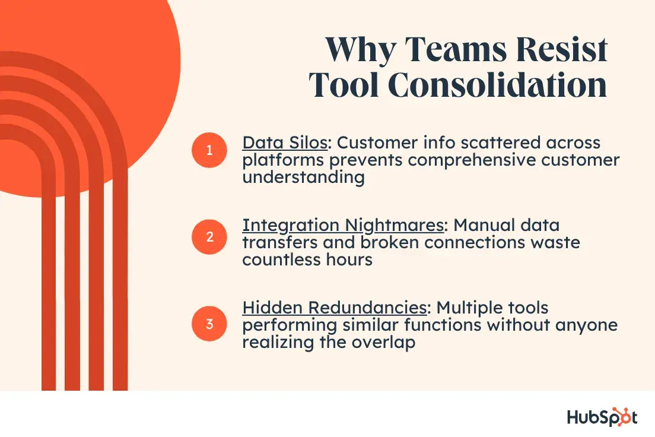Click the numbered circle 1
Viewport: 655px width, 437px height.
209,150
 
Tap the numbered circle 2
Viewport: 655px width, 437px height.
209,237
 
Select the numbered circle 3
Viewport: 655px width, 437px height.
209,324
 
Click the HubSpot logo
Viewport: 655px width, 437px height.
602,417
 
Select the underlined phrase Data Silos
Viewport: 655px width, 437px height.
285,142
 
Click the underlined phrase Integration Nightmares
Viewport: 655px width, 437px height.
343,226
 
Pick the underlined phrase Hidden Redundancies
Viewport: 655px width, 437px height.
335,308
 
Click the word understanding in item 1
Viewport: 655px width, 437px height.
304,178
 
